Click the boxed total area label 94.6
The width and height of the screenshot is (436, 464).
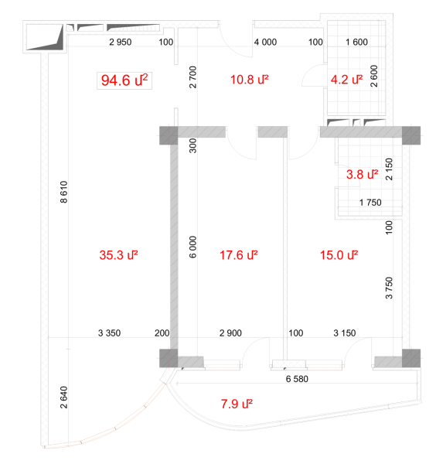[x=124, y=80]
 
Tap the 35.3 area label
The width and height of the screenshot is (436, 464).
[x=118, y=255]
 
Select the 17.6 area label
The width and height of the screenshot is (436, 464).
[x=238, y=255]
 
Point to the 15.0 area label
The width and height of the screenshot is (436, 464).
[x=339, y=255]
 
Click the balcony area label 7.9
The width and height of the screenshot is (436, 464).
[x=237, y=404]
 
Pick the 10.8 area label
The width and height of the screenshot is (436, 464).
[x=250, y=80]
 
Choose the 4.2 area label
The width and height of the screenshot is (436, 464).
[x=346, y=80]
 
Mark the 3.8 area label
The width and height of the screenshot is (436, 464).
[x=362, y=174]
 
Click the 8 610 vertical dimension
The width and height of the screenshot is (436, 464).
[x=64, y=192]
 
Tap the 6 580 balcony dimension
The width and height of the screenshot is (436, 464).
[x=297, y=379]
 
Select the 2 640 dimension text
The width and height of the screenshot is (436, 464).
[x=64, y=397]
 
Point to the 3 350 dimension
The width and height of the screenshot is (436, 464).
[x=109, y=333]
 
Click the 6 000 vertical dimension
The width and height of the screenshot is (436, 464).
[x=192, y=247]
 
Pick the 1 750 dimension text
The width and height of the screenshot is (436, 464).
[x=370, y=203]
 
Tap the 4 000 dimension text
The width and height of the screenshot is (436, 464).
[x=265, y=42]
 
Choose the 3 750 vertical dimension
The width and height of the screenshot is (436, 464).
[x=389, y=288]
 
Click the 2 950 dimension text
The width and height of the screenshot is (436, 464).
[x=121, y=42]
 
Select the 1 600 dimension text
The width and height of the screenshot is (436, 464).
[x=356, y=42]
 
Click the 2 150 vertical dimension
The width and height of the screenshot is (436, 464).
[x=389, y=169]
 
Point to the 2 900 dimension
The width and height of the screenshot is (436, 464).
[x=230, y=333]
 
